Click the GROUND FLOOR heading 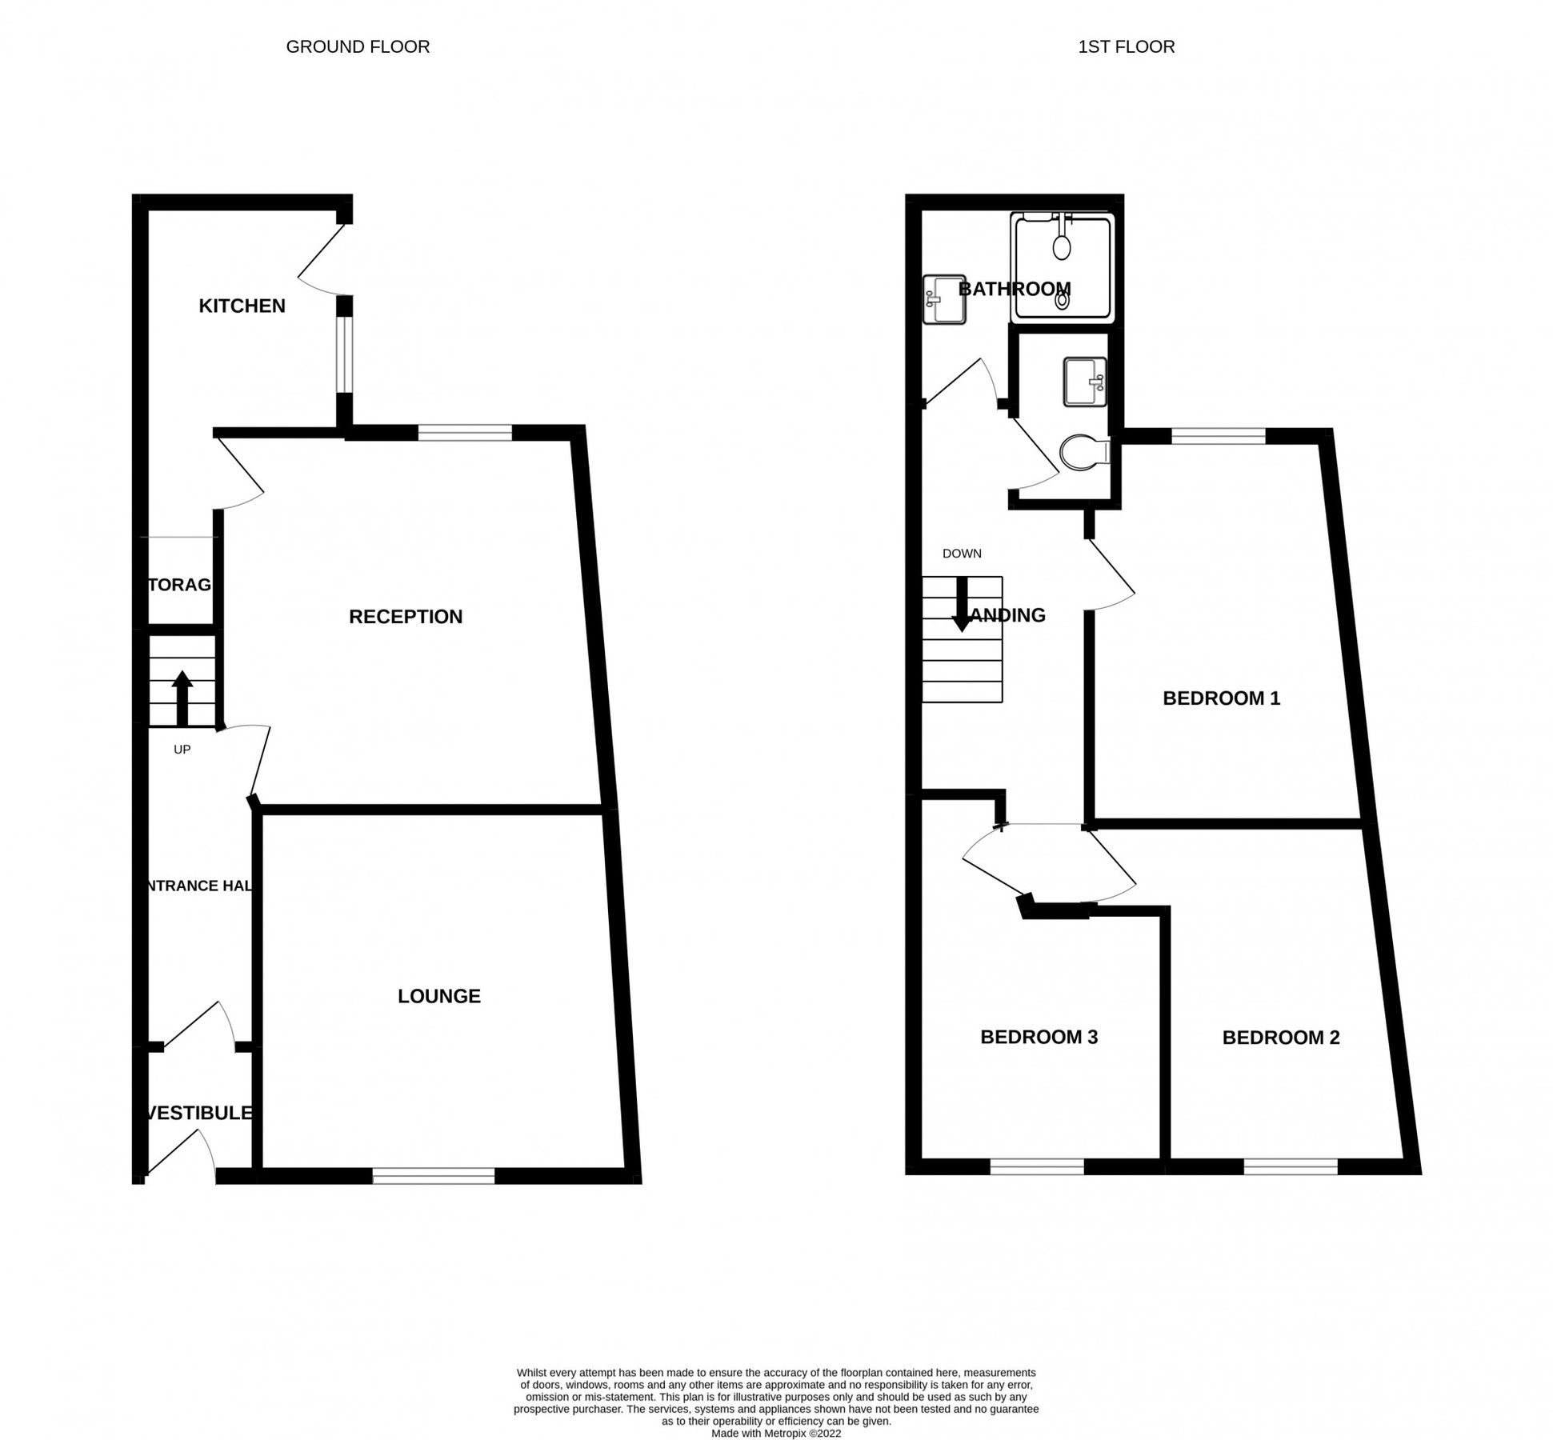pos(358,47)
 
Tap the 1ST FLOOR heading pos(1126,47)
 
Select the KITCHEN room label pos(242,306)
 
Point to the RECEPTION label pos(406,617)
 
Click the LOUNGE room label pos(439,996)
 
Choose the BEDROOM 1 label pos(1221,698)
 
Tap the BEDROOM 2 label pos(1280,1038)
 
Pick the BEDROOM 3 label pos(1039,1037)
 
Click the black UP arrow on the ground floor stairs pos(182,697)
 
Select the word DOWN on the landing pos(962,554)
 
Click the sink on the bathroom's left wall pos(943,300)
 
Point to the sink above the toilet pos(1085,382)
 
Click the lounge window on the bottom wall pos(433,1175)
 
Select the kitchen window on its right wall pos(343,354)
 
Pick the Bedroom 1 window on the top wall pos(1219,436)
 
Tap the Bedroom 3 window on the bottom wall pos(1037,1166)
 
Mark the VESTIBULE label pos(199,1113)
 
